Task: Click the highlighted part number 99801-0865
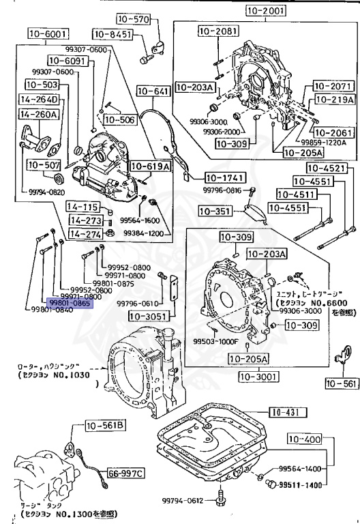click(69, 302)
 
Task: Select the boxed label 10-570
click(132, 19)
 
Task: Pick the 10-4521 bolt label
click(325, 169)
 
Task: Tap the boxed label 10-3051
click(153, 316)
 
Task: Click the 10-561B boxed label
click(106, 426)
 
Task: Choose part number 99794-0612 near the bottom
click(183, 501)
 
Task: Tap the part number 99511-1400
click(302, 484)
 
